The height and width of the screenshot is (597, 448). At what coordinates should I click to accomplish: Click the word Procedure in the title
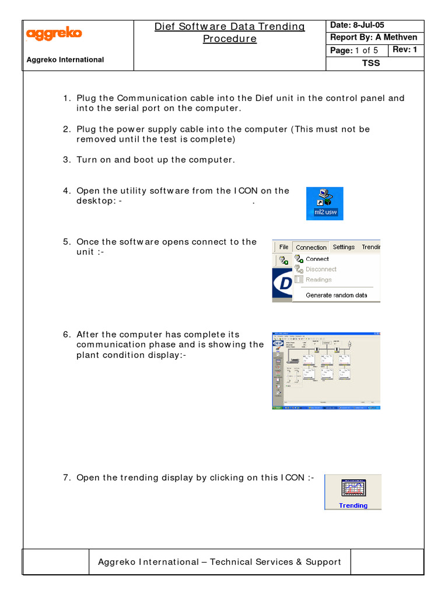pyautogui.click(x=229, y=39)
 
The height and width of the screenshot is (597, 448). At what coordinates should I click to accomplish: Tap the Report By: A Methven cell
pyautogui.click(x=374, y=38)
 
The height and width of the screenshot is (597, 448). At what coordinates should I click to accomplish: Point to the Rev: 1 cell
pyautogui.click(x=404, y=50)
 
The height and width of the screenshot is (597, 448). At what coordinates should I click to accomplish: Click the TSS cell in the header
pyautogui.click(x=371, y=63)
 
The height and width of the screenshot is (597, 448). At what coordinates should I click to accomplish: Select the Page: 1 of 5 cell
pyautogui.click(x=354, y=51)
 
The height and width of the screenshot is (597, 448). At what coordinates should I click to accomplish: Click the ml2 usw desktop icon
pyautogui.click(x=325, y=203)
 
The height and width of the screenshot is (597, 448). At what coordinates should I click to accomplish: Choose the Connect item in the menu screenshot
pyautogui.click(x=317, y=259)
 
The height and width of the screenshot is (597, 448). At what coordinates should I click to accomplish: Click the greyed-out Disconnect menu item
pyautogui.click(x=321, y=269)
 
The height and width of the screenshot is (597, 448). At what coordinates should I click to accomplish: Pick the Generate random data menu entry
pyautogui.click(x=336, y=295)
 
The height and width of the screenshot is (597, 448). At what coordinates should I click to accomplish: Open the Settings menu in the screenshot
pyautogui.click(x=344, y=247)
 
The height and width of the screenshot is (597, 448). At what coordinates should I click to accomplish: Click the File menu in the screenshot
pyautogui.click(x=283, y=247)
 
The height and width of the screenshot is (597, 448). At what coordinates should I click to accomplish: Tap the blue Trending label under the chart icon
pyautogui.click(x=353, y=505)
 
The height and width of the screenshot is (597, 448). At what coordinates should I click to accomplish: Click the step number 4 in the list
pyautogui.click(x=66, y=191)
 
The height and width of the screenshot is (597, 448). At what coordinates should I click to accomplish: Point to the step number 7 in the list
pyautogui.click(x=66, y=478)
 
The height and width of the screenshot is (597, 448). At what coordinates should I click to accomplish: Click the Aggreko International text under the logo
pyautogui.click(x=65, y=59)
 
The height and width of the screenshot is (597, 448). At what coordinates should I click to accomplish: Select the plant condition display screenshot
pyautogui.click(x=326, y=371)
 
